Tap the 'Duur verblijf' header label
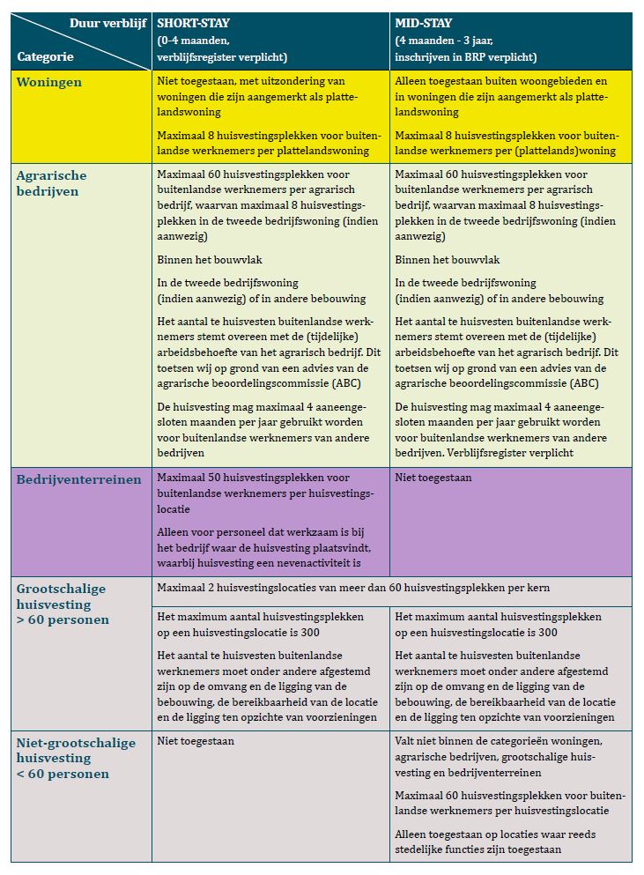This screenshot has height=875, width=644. coord(108,23)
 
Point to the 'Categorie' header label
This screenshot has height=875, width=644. coord(45,56)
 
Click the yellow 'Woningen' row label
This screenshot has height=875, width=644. coord(49,82)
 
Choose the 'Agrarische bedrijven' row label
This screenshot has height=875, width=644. coord(52,182)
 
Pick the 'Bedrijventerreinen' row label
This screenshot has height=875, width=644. coord(79,479)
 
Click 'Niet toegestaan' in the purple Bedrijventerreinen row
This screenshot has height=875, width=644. coord(433,478)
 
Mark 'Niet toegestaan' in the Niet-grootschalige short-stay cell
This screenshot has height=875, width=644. coord(196,742)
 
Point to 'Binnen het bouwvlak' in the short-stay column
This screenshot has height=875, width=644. coord(210,260)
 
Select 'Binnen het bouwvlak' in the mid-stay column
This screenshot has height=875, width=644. coord(448,260)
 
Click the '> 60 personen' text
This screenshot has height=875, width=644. coord(63,619)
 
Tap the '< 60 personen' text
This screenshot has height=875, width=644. coord(63,774)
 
